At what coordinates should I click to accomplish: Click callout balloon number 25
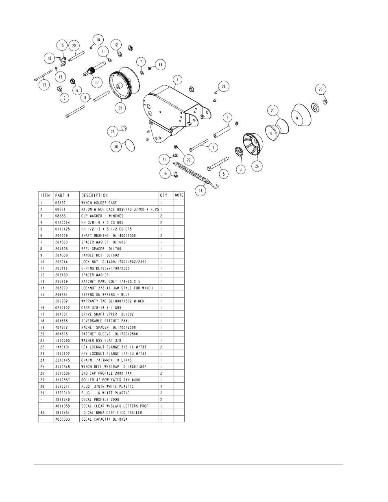point(120,107)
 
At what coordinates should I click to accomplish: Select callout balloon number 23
point(320,89)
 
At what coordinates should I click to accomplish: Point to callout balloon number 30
point(116,147)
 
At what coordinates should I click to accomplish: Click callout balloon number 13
point(44,85)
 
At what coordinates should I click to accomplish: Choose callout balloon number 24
point(201,190)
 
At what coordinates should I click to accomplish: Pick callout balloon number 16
point(165,174)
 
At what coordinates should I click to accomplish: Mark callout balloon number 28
point(223,86)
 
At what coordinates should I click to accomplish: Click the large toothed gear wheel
point(122,85)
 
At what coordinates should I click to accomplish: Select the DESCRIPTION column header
point(94,196)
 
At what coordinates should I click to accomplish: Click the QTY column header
point(164,196)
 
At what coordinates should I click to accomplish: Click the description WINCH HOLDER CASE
point(99,202)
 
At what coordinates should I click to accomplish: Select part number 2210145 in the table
point(63,360)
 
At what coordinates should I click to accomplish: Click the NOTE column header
point(179,196)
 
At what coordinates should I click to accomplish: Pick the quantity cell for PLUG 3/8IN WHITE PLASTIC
point(161,387)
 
